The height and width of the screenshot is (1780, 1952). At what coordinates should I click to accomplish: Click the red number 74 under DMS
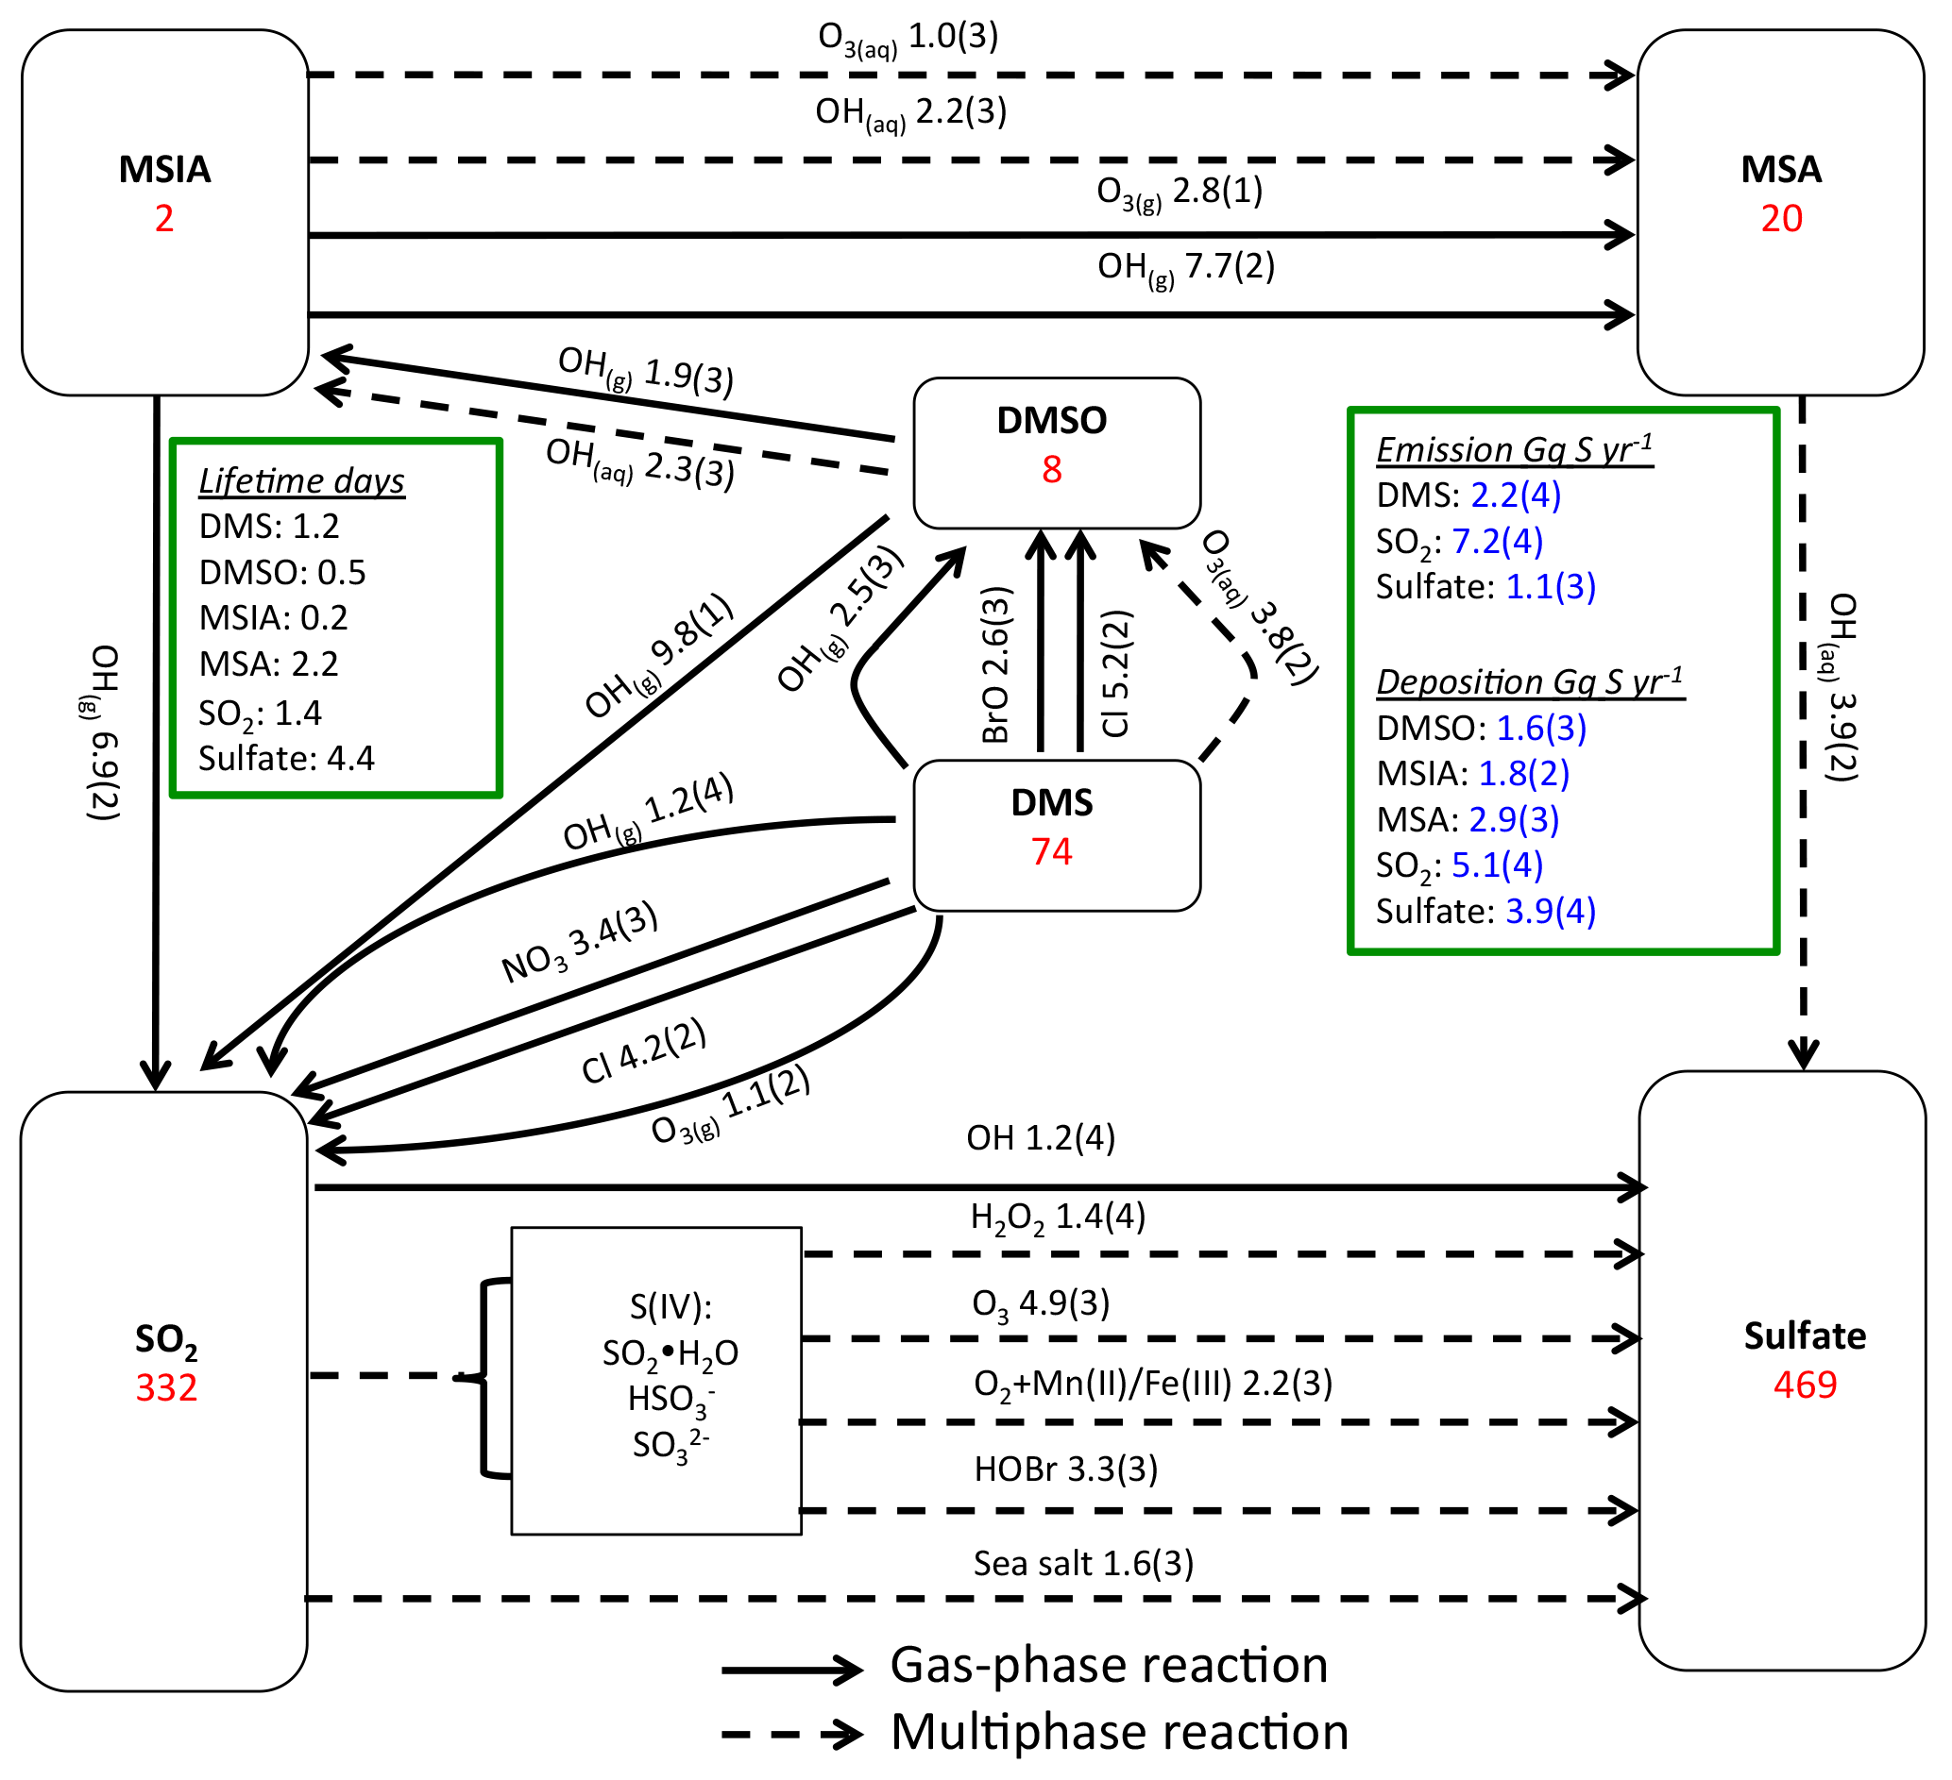(1051, 851)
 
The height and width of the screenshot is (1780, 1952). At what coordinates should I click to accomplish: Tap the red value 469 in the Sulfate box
(1805, 1385)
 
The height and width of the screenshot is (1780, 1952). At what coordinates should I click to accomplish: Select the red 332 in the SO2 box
(165, 1388)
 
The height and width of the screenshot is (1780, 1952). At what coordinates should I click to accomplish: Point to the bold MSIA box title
(164, 169)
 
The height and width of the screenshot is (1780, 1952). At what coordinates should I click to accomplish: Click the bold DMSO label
(1051, 420)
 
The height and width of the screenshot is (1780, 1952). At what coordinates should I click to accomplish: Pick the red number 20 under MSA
(1781, 219)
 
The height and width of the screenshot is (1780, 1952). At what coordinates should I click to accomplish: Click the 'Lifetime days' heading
(301, 481)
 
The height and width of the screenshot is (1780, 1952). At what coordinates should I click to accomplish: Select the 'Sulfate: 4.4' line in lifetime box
(285, 759)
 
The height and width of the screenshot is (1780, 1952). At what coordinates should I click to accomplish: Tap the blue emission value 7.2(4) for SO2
(1496, 541)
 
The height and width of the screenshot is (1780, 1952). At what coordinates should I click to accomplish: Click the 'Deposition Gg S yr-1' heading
(1530, 681)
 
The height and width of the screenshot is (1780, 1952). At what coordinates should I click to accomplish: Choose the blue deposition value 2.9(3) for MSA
(1514, 820)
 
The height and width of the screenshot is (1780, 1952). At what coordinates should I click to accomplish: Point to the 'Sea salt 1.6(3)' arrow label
(1082, 1563)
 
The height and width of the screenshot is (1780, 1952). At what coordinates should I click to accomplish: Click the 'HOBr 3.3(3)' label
(1065, 1469)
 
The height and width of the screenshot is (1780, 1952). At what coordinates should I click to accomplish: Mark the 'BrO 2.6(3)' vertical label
(996, 665)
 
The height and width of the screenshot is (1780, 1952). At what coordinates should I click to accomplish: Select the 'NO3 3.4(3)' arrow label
(579, 943)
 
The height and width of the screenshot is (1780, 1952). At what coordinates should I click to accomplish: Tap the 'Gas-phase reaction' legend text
(1109, 1666)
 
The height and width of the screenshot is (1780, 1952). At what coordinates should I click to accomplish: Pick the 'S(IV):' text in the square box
(670, 1307)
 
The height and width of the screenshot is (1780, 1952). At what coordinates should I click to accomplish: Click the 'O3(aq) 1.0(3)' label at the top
(908, 39)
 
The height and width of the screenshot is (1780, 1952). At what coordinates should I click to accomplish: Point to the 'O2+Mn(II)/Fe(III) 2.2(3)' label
(1152, 1385)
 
